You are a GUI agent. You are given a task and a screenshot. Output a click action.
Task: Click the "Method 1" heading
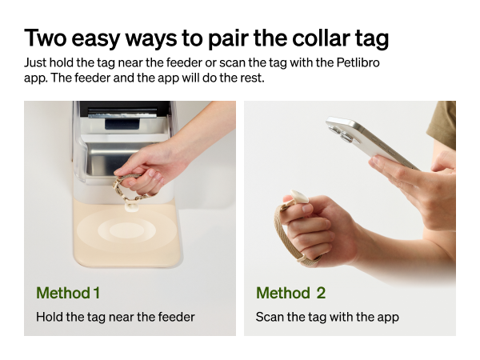point(68,293)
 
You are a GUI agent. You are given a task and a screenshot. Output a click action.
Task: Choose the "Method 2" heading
point(290,293)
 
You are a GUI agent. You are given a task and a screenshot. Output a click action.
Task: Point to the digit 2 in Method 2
point(320,293)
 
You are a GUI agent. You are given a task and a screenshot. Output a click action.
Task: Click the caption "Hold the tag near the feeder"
point(115,317)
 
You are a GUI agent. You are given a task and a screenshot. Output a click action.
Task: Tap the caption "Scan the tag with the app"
point(326,317)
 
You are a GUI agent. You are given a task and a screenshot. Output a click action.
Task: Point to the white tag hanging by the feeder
point(130,205)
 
